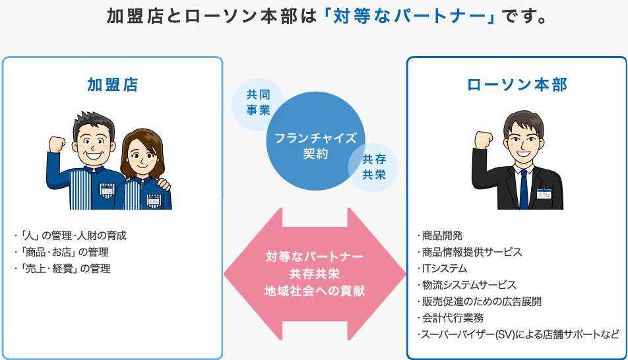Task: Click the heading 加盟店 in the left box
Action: coord(113,85)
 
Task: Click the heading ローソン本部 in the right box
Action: coord(517,85)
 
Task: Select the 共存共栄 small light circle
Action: coord(374,167)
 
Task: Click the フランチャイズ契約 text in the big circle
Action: coord(315,146)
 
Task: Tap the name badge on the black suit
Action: coord(544,193)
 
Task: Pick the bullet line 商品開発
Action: coord(440,235)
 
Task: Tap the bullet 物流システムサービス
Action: coord(466,285)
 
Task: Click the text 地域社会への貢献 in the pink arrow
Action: coord(315,291)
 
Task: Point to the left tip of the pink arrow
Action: coord(224,274)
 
